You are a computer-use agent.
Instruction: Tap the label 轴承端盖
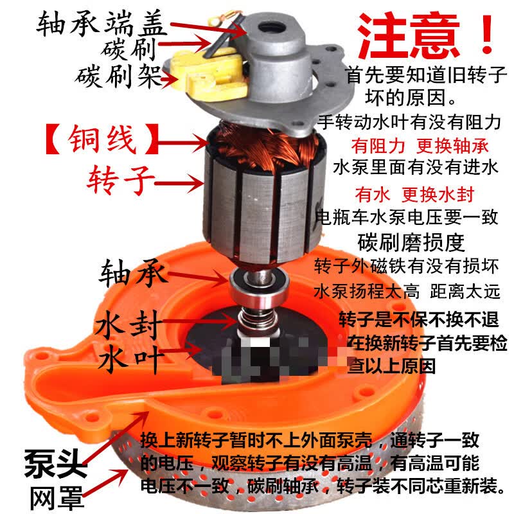coord(101,24)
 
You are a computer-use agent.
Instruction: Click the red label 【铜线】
coord(102,139)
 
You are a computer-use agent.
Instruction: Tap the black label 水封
coord(128,324)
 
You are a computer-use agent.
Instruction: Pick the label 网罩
coord(57,497)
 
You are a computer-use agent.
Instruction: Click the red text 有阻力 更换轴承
coord(420,146)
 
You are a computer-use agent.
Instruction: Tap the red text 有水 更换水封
coord(414,195)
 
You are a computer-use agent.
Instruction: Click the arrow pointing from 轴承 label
coord(199,279)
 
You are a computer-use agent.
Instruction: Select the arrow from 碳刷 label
coord(184,44)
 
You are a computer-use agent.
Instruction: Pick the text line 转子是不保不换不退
coord(419,319)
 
